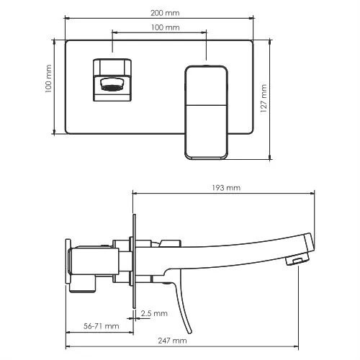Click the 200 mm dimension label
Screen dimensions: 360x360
tap(166, 14)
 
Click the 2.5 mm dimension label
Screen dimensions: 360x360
tap(154, 313)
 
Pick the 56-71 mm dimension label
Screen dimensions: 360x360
tap(100, 326)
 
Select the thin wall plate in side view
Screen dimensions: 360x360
tap(135, 259)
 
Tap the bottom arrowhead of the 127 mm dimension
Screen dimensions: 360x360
tap(270, 158)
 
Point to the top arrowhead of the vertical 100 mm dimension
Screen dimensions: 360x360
tap(55, 41)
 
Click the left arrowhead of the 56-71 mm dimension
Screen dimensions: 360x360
tap(68, 332)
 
